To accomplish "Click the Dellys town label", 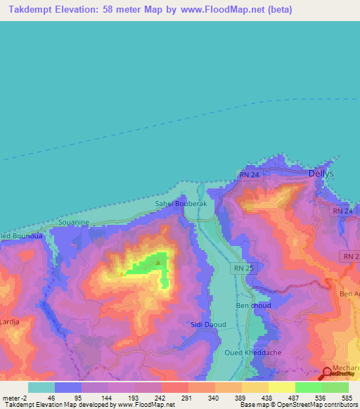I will click(x=321, y=173).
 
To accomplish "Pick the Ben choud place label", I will click(x=253, y=306).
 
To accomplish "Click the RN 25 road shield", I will click(x=241, y=268).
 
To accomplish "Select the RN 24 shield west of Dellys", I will click(x=249, y=175).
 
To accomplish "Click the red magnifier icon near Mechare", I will click(x=328, y=375).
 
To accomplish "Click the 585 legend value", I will click(x=347, y=397).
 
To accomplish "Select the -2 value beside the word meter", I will click(x=25, y=397).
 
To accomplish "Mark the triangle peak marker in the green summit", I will click(x=158, y=263).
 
